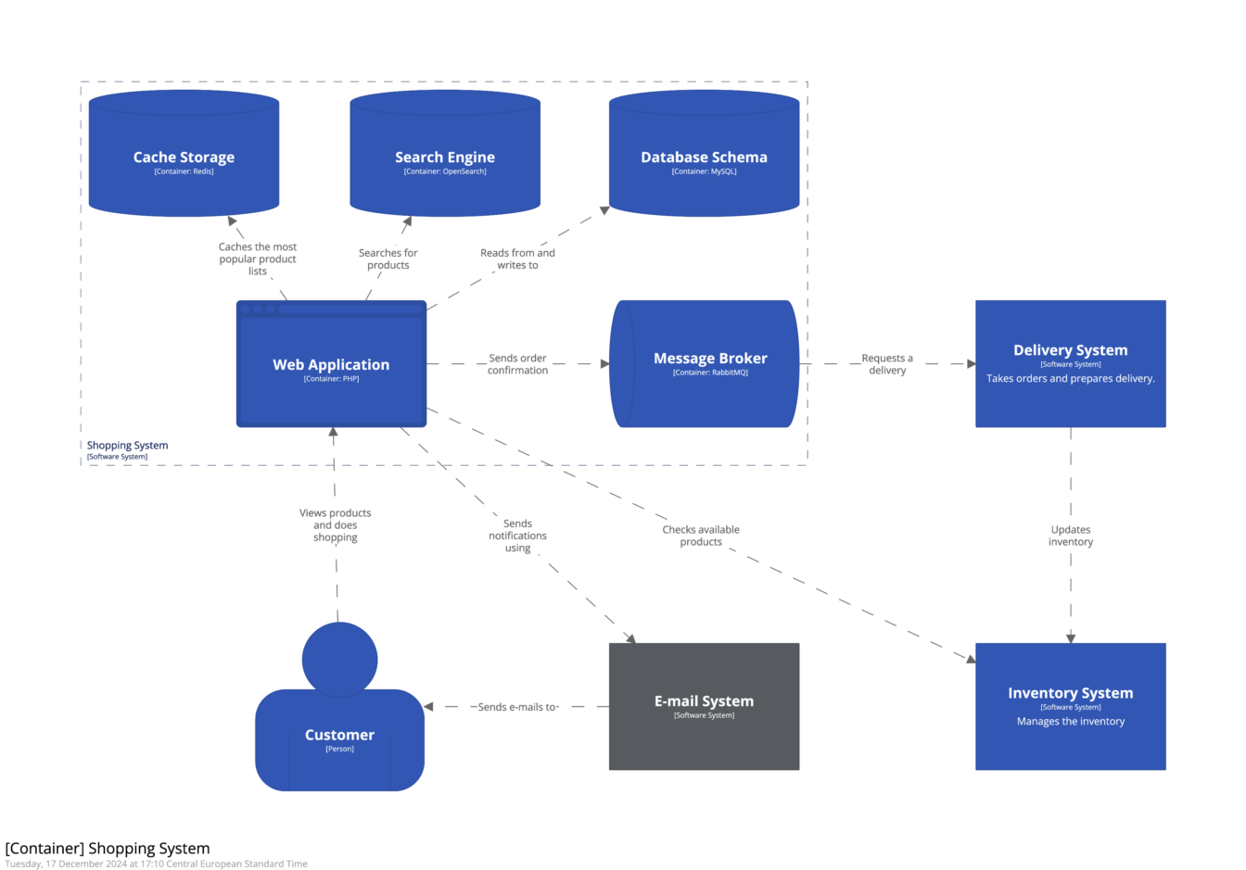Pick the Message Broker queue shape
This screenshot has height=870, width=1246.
(705, 363)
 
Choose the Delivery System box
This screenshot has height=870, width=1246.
(1070, 363)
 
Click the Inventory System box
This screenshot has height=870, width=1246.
(1070, 706)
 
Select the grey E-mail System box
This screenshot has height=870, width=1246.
(704, 706)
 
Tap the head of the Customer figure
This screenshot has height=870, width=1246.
(339, 659)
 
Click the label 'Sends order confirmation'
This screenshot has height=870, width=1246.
(517, 364)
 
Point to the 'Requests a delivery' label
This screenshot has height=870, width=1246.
(887, 364)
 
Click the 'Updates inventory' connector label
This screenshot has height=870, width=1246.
(1071, 536)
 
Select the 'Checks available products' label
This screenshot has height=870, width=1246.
(701, 536)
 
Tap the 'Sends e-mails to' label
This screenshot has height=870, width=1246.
(517, 707)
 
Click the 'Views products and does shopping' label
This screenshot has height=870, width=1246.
(335, 525)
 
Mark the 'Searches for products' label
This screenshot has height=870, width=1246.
(388, 258)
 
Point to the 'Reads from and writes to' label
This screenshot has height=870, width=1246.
(517, 258)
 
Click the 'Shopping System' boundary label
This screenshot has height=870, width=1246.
(127, 446)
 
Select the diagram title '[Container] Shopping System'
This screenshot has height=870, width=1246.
(108, 848)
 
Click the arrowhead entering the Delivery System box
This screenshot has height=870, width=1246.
(971, 364)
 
